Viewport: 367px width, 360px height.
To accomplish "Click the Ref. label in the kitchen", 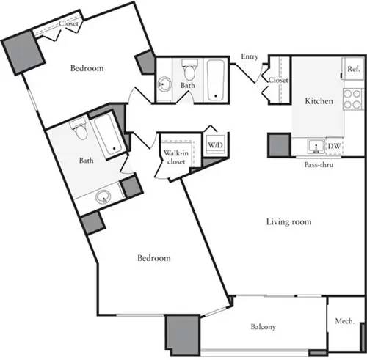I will click(353, 69).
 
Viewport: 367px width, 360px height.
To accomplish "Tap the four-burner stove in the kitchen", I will click(352, 102).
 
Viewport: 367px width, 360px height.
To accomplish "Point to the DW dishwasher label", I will click(335, 147).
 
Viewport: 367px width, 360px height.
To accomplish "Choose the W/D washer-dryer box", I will click(215, 145).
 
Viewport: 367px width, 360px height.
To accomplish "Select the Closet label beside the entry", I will click(278, 80).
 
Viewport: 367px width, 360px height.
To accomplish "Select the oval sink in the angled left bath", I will click(102, 196).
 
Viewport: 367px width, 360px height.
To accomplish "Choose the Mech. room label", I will click(345, 321).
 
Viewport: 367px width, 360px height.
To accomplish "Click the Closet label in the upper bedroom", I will click(69, 23).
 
